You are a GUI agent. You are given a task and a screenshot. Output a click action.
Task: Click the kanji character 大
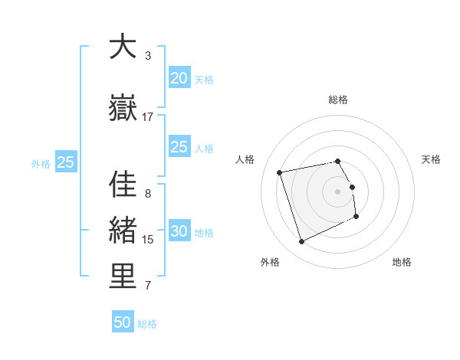[122, 47]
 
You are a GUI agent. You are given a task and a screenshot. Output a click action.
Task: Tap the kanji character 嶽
[122, 109]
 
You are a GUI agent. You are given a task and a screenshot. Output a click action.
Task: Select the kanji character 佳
[122, 186]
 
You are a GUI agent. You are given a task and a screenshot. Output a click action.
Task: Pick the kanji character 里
[122, 277]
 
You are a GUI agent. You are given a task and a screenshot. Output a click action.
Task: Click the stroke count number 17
[148, 117]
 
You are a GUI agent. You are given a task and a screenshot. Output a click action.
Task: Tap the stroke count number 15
[148, 240]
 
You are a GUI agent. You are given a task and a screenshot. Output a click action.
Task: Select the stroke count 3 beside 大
[148, 56]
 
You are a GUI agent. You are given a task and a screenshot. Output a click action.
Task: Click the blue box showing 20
[179, 78]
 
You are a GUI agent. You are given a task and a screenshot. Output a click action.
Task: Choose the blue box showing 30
[179, 232]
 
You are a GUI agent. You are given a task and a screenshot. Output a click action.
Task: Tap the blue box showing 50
[123, 322]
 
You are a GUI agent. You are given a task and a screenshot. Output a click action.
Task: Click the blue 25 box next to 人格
[179, 147]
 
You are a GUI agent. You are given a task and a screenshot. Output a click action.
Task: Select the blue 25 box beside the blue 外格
[65, 162]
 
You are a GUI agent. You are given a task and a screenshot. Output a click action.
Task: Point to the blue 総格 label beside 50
[147, 324]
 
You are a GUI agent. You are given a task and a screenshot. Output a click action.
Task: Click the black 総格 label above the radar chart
[338, 100]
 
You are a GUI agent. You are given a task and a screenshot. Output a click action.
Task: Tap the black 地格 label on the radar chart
[402, 262]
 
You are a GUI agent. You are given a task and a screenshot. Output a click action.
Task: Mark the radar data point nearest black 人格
[280, 172]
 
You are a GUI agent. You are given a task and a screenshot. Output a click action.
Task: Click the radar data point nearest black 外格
[301, 242]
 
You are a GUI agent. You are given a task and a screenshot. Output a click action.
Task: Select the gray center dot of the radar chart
[338, 191]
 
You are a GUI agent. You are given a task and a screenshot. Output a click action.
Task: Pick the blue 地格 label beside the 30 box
[204, 233]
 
